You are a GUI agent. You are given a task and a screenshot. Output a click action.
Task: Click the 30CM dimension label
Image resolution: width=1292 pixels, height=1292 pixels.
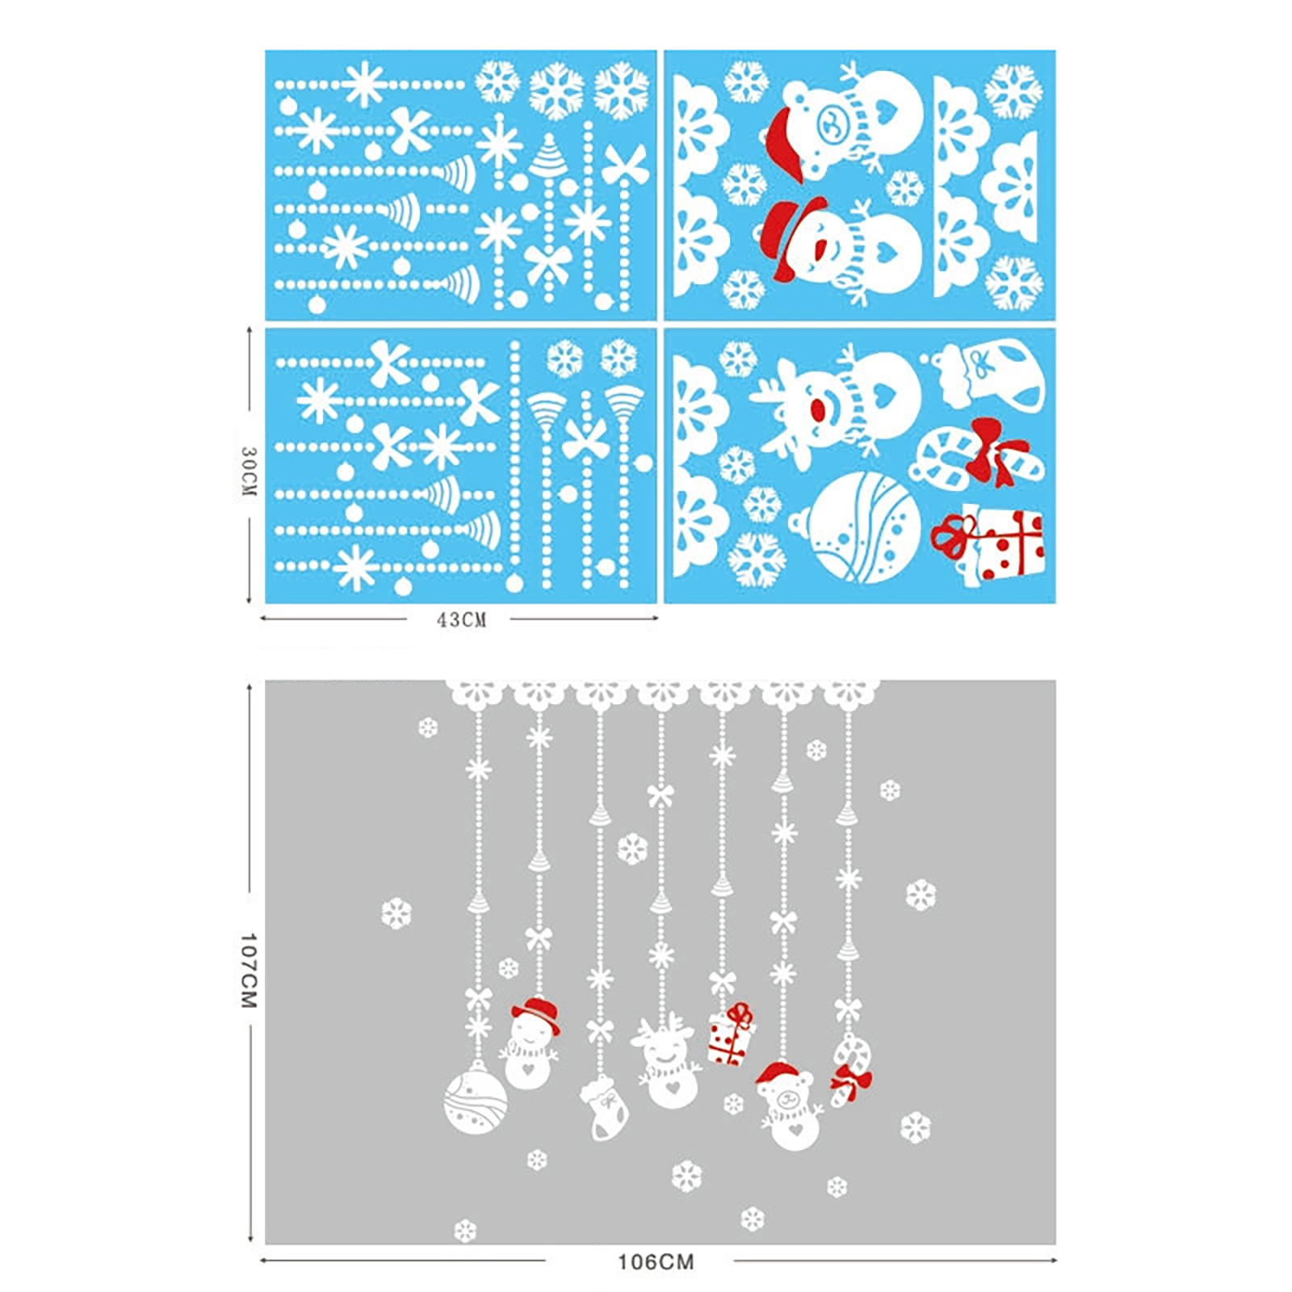tap(249, 472)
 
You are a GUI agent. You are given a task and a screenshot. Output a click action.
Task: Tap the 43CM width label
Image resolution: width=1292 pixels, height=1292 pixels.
tap(461, 619)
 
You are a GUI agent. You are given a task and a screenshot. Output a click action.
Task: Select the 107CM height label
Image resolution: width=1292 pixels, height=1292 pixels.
tap(249, 971)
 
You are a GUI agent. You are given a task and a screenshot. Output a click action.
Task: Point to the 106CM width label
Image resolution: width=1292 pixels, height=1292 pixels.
tap(656, 1261)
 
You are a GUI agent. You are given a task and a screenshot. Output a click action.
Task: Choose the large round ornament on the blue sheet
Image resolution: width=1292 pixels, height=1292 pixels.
tap(860, 529)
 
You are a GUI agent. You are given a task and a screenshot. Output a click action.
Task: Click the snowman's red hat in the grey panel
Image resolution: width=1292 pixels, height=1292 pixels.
tap(536, 1014)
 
